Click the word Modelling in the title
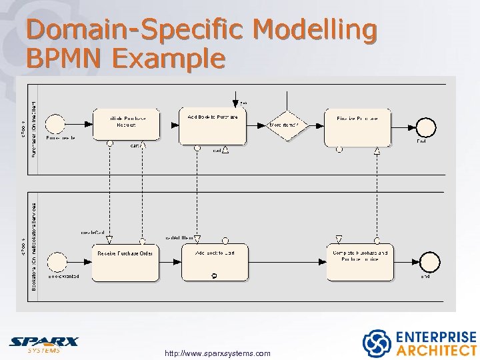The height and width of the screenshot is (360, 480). coord(315,30)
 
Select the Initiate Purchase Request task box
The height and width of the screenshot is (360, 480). coord(126,124)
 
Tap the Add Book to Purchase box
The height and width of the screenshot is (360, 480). coord(212,125)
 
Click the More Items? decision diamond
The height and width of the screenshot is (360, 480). coord(287,125)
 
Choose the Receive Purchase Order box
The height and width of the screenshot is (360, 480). coord(125,262)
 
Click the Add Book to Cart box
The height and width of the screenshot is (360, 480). coord(215,262)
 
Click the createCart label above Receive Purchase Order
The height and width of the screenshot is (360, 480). coord(93,233)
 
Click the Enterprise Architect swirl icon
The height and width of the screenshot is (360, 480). coord(376,343)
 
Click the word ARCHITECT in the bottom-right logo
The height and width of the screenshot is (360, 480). coord(436,350)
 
